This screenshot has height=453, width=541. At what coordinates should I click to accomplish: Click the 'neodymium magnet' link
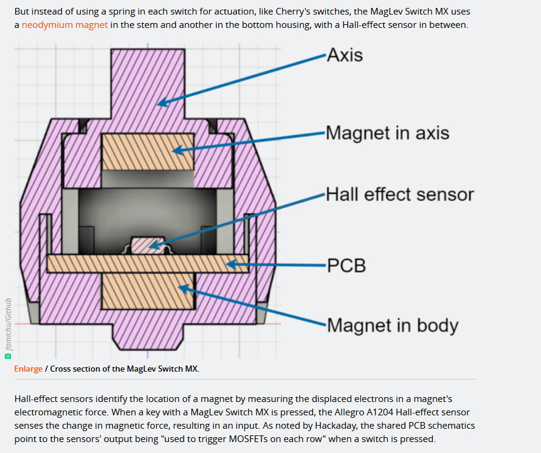point(65,25)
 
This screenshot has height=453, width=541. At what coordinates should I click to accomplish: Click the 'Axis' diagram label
point(345,55)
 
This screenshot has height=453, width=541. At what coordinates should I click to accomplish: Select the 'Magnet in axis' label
point(387,132)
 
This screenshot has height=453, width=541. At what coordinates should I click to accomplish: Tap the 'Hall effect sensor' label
point(399,194)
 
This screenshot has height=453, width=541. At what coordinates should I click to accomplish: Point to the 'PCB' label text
point(346,265)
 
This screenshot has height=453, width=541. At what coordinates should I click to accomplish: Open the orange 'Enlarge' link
point(29,369)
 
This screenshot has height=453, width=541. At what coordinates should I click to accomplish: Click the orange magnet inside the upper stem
point(148,151)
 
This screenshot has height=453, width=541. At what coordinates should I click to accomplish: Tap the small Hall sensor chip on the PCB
point(148,245)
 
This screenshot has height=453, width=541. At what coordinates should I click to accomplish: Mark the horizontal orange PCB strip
point(148,263)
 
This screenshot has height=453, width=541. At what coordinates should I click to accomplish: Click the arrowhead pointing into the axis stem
point(162,103)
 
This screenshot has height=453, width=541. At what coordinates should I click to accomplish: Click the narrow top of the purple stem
point(148,67)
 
